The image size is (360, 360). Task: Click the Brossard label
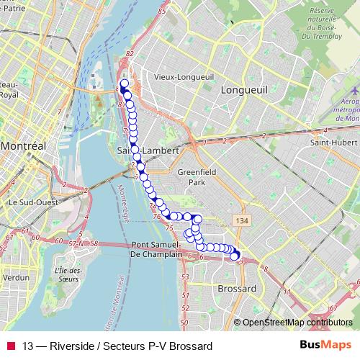[x=236, y=288]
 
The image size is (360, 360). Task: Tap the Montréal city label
[x=23, y=145]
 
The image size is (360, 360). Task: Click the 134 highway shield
[x=238, y=219]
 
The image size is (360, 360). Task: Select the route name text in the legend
[x=117, y=346]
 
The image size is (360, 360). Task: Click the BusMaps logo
[x=325, y=345]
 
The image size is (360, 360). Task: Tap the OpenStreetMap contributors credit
[x=297, y=323]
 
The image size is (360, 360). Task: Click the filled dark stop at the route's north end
[x=124, y=84]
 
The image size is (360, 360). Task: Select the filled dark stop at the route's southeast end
[x=234, y=256]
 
